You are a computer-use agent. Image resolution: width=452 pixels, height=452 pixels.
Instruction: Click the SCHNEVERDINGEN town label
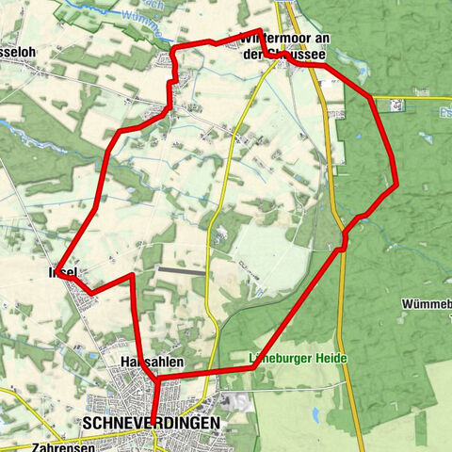coord(151,424)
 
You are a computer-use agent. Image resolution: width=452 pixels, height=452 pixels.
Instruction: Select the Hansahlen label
coord(151,362)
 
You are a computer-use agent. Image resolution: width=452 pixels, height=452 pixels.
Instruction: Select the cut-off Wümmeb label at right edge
coord(426,305)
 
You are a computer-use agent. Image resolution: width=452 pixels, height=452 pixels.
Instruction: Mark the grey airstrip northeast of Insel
coord(180,270)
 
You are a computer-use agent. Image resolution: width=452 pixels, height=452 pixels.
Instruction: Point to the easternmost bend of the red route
coord(396,184)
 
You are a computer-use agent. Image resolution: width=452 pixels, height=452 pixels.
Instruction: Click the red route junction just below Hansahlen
coord(152,378)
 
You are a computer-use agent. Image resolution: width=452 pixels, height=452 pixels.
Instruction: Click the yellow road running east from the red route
coord(414,97)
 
